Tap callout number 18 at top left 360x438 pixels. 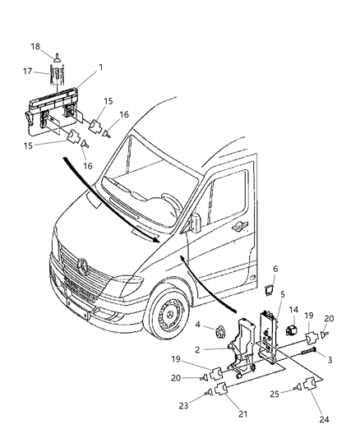(x=58, y=47)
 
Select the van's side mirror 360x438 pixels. (x=195, y=223)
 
